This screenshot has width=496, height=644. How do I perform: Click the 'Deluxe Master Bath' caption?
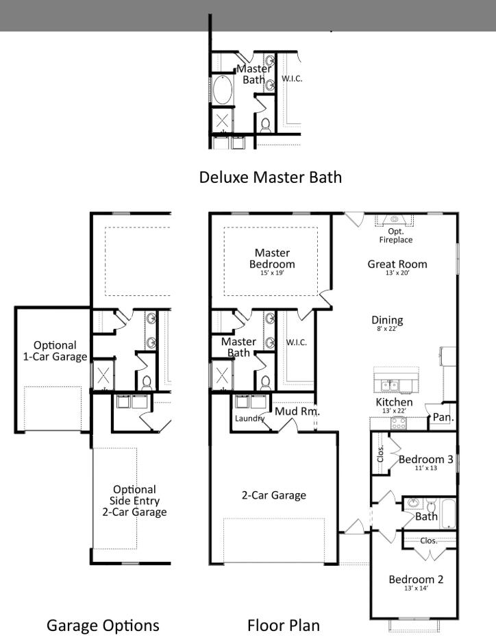click(x=270, y=177)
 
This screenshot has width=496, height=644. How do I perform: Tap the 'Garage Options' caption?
click(x=103, y=625)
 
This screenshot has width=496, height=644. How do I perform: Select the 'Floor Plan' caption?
click(x=283, y=625)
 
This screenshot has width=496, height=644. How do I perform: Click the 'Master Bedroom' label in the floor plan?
click(x=272, y=258)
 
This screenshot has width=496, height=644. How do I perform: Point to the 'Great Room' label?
click(x=397, y=264)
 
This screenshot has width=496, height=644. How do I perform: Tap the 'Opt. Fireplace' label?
click(x=395, y=236)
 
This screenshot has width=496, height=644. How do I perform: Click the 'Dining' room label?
click(x=387, y=320)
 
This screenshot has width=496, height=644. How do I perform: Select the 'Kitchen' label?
click(x=394, y=401)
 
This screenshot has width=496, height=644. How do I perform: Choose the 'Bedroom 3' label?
click(x=425, y=459)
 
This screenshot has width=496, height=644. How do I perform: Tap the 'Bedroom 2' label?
click(x=416, y=580)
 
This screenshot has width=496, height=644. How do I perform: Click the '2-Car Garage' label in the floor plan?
click(x=273, y=495)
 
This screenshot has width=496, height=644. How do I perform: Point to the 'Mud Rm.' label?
click(x=297, y=411)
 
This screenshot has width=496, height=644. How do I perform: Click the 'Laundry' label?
click(x=249, y=418)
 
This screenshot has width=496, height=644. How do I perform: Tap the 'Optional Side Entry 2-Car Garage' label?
click(x=134, y=500)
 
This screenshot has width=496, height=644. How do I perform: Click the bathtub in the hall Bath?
click(x=449, y=513)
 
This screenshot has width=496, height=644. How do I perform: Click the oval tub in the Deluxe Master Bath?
click(x=222, y=90)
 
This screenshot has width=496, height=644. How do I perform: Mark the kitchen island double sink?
click(x=394, y=384)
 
